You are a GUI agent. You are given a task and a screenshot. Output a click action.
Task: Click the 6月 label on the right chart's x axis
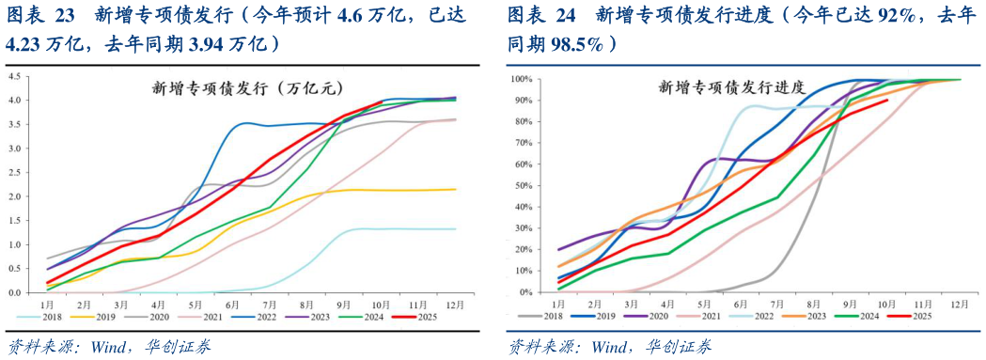[740, 305]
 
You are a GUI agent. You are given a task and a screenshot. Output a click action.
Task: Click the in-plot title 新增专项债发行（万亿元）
[243, 89]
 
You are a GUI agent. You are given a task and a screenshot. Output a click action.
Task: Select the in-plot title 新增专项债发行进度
[730, 87]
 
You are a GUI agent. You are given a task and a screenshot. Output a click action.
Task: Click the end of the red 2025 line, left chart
[381, 102]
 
